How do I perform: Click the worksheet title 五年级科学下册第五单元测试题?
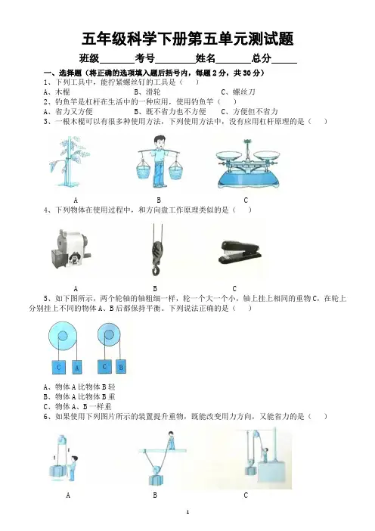pos(187,39)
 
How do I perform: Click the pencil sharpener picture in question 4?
pos(69,249)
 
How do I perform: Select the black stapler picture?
pos(240,252)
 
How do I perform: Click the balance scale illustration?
pos(249,164)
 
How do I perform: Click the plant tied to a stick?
pos(69,161)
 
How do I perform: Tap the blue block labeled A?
pos(77,368)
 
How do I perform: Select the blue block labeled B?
pos(120,366)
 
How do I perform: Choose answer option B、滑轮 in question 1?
pos(147,92)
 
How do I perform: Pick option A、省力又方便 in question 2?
pos(68,111)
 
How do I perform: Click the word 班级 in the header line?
pos(89,58)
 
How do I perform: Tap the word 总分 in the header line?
pos(262,58)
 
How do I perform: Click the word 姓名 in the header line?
pos(206,58)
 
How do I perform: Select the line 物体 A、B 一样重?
pos(78,406)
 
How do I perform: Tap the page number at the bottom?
pos(187,511)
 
